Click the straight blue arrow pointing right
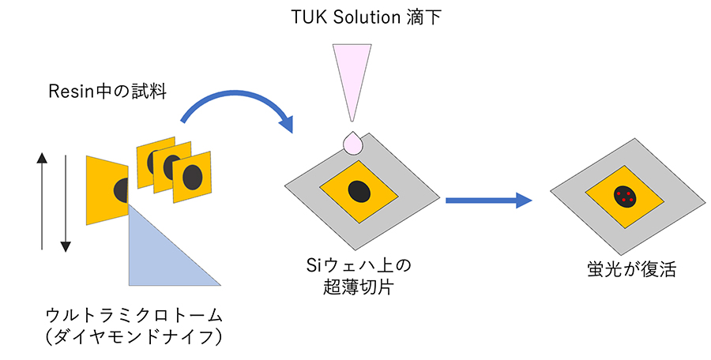tap(486, 201)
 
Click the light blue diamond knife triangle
tap(158, 253)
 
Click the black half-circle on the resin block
tap(122, 189)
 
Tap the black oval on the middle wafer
tap(359, 190)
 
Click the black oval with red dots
tap(624, 197)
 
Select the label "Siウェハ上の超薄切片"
tap(359, 275)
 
